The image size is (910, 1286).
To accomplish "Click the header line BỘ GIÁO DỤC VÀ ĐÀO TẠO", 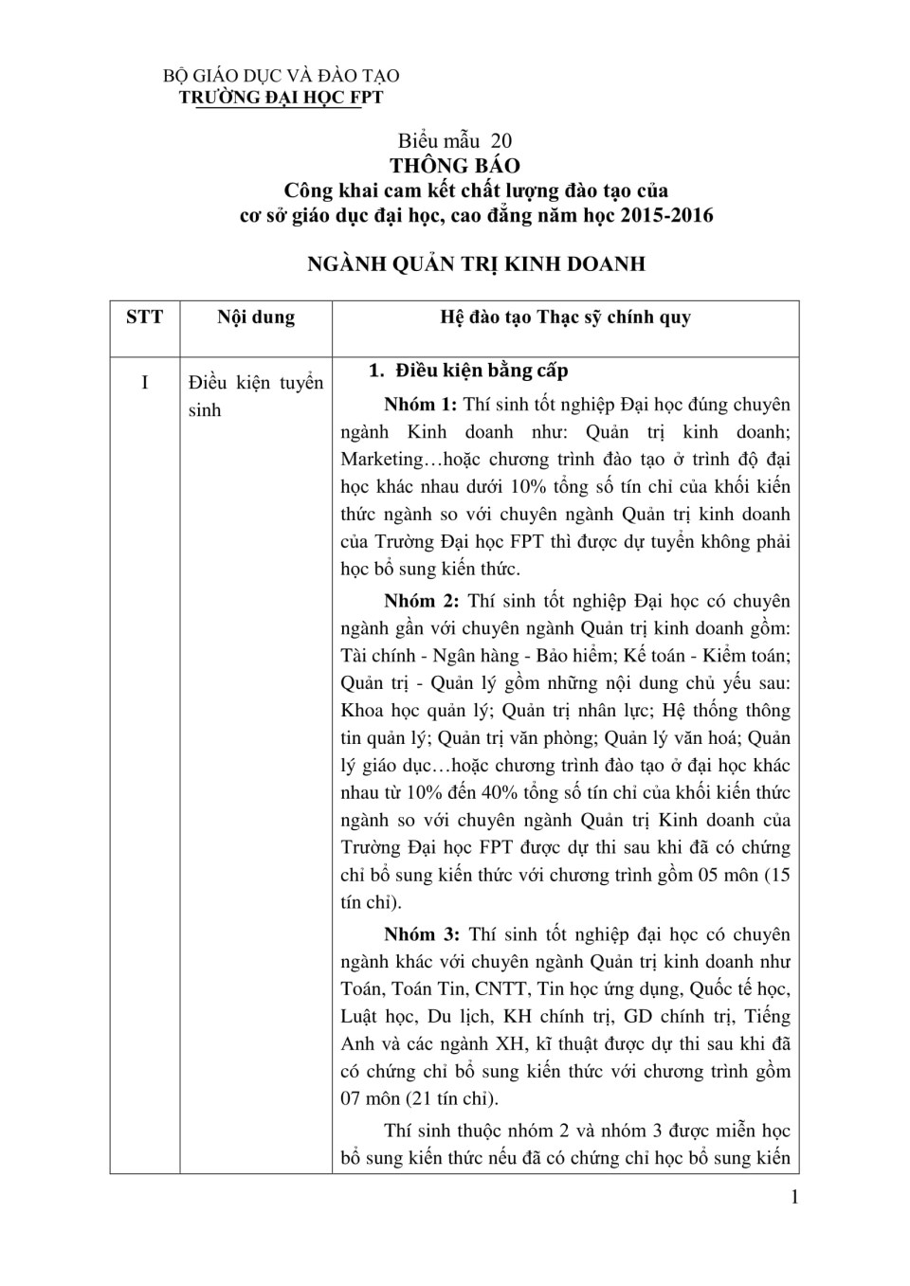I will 282,76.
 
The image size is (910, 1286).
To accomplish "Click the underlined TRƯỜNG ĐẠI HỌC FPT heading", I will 282,97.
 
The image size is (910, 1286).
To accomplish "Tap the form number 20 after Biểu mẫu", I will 500,141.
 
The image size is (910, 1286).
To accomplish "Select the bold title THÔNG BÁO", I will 455,166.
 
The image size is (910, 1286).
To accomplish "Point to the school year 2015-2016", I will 666,215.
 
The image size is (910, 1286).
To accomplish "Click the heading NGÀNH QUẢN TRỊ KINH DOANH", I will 476,263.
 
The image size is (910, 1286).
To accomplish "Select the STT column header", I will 144,317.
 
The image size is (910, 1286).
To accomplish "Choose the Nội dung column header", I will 256,317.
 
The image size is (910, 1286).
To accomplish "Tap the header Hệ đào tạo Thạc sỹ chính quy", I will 565,317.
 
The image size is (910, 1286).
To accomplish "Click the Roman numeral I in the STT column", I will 144,383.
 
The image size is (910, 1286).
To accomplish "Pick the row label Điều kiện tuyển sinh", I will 256,396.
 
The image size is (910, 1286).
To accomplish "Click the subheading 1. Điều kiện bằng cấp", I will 468,371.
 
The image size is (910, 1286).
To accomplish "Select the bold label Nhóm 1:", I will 421,405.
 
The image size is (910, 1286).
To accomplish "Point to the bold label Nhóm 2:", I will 421,601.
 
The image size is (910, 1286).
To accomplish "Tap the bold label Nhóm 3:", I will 421,934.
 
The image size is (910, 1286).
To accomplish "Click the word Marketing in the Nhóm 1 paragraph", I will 382,460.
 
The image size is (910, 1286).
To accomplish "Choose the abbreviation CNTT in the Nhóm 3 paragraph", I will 500,989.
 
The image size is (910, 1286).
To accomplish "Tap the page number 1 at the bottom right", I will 794,1197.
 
